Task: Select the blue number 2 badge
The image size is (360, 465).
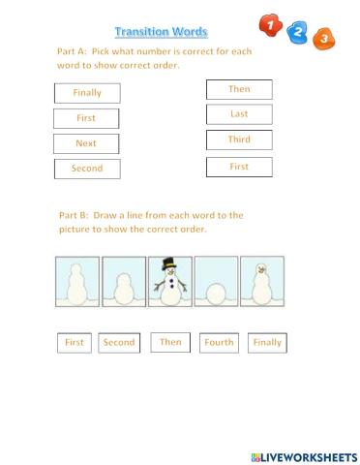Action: [x=299, y=32]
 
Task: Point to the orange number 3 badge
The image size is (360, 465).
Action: [x=326, y=39]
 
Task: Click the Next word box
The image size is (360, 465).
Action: [x=86, y=143]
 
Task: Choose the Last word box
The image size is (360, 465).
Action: [x=239, y=114]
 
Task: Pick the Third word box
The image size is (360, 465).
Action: [x=239, y=139]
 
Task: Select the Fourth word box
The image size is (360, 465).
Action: [x=219, y=343]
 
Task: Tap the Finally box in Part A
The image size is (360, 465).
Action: [x=86, y=93]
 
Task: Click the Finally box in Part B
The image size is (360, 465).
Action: [x=267, y=343]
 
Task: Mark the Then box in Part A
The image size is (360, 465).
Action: [x=239, y=89]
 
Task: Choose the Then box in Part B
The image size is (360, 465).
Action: [x=170, y=342]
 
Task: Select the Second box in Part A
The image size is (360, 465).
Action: [x=86, y=169]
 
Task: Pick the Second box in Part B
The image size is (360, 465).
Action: [x=119, y=343]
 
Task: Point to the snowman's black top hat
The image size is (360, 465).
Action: [x=169, y=264]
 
